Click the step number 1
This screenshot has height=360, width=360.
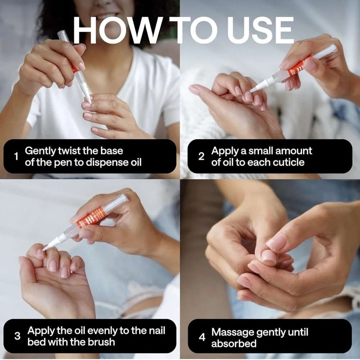coord(16,157)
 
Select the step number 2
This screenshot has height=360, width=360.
coord(201,157)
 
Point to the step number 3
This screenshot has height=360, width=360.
coord(17,336)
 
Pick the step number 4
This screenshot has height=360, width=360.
coord(202,337)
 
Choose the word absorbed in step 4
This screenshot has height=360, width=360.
coord(234,344)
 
